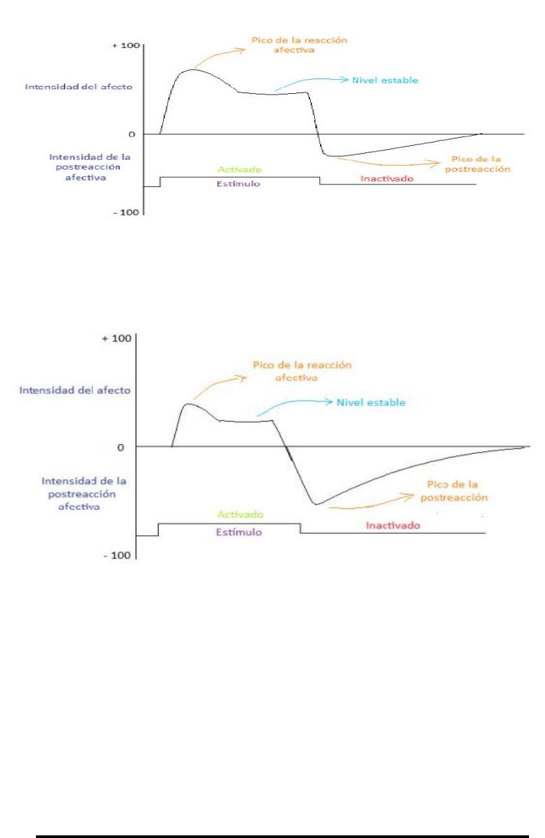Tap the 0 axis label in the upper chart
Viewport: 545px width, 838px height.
click(133, 134)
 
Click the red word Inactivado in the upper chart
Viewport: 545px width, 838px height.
click(387, 178)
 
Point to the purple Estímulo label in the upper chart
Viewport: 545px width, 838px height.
click(239, 183)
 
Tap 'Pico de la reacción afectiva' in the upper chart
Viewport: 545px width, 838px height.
click(299, 45)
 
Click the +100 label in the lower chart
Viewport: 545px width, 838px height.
click(120, 338)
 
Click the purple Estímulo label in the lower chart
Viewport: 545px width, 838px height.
click(238, 532)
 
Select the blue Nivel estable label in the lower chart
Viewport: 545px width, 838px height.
click(371, 403)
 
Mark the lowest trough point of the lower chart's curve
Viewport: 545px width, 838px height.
click(315, 504)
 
